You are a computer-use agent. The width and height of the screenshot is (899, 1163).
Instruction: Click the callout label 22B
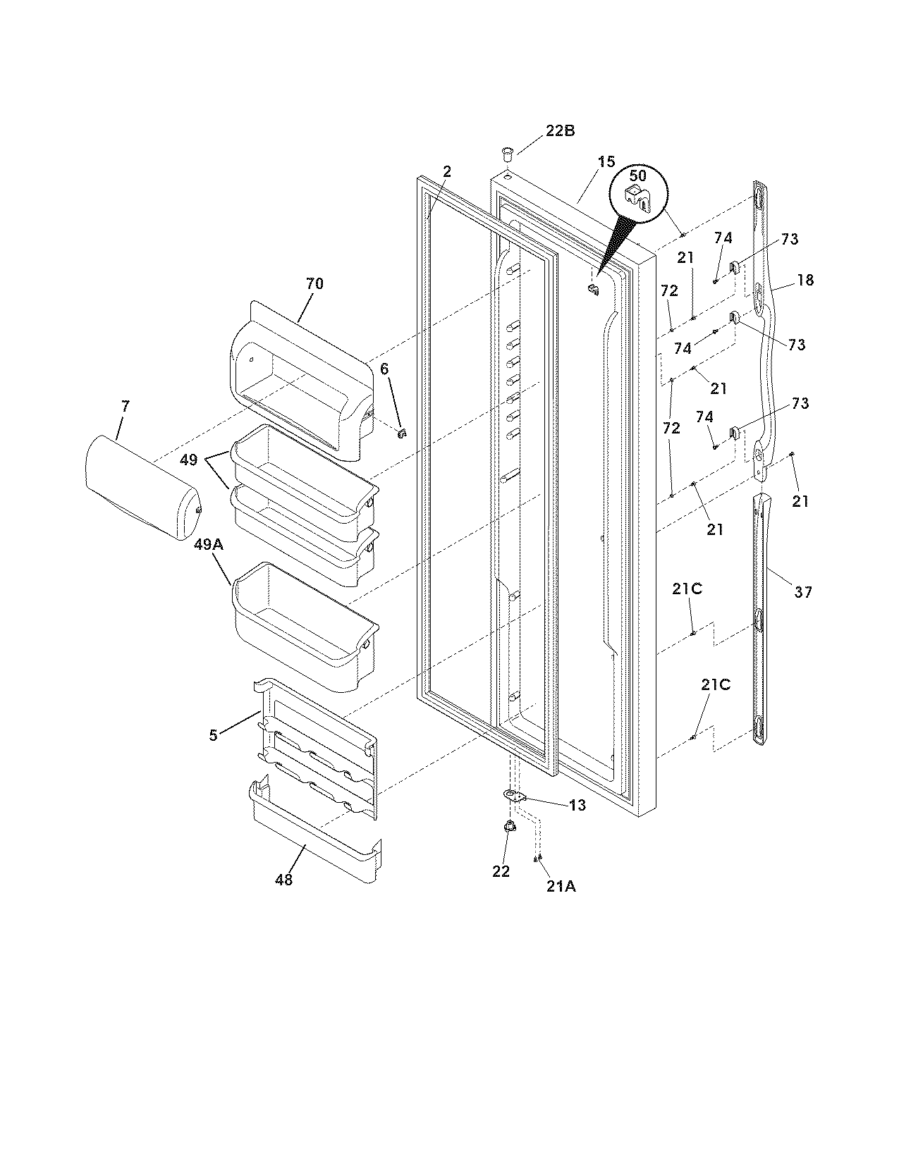point(560,130)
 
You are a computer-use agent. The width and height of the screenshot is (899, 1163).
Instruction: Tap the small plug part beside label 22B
point(506,152)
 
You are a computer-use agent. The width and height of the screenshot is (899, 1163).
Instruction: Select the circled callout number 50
point(637,176)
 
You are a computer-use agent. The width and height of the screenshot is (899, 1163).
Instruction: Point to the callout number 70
point(314,283)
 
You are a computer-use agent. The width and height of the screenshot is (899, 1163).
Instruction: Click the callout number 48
point(283,880)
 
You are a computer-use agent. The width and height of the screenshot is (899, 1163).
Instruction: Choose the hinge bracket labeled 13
point(515,796)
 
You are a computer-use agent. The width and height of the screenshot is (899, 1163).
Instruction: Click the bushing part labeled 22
point(508,827)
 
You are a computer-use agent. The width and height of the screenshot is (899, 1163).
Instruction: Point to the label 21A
point(561,887)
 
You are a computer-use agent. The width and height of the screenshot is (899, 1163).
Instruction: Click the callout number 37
point(803,592)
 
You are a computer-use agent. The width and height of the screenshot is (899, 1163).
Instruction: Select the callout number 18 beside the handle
point(805,280)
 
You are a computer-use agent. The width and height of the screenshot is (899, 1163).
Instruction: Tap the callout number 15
point(606,162)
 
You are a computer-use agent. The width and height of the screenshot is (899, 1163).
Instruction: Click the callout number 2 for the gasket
point(447,171)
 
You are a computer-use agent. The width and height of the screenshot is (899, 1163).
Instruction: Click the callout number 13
point(577,805)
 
